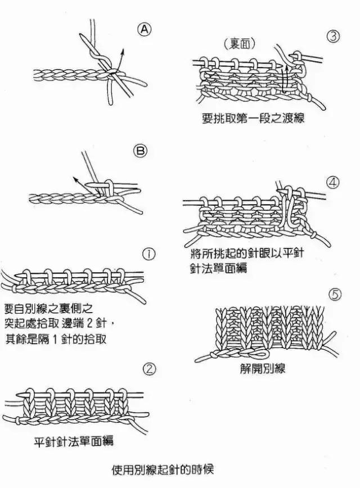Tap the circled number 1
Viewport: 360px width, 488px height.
(149, 255)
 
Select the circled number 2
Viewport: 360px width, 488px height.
(149, 369)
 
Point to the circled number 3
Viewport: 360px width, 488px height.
(333, 37)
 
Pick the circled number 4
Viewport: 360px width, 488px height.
(333, 183)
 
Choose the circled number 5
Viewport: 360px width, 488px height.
(334, 294)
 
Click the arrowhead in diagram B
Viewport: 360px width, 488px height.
(75, 179)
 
